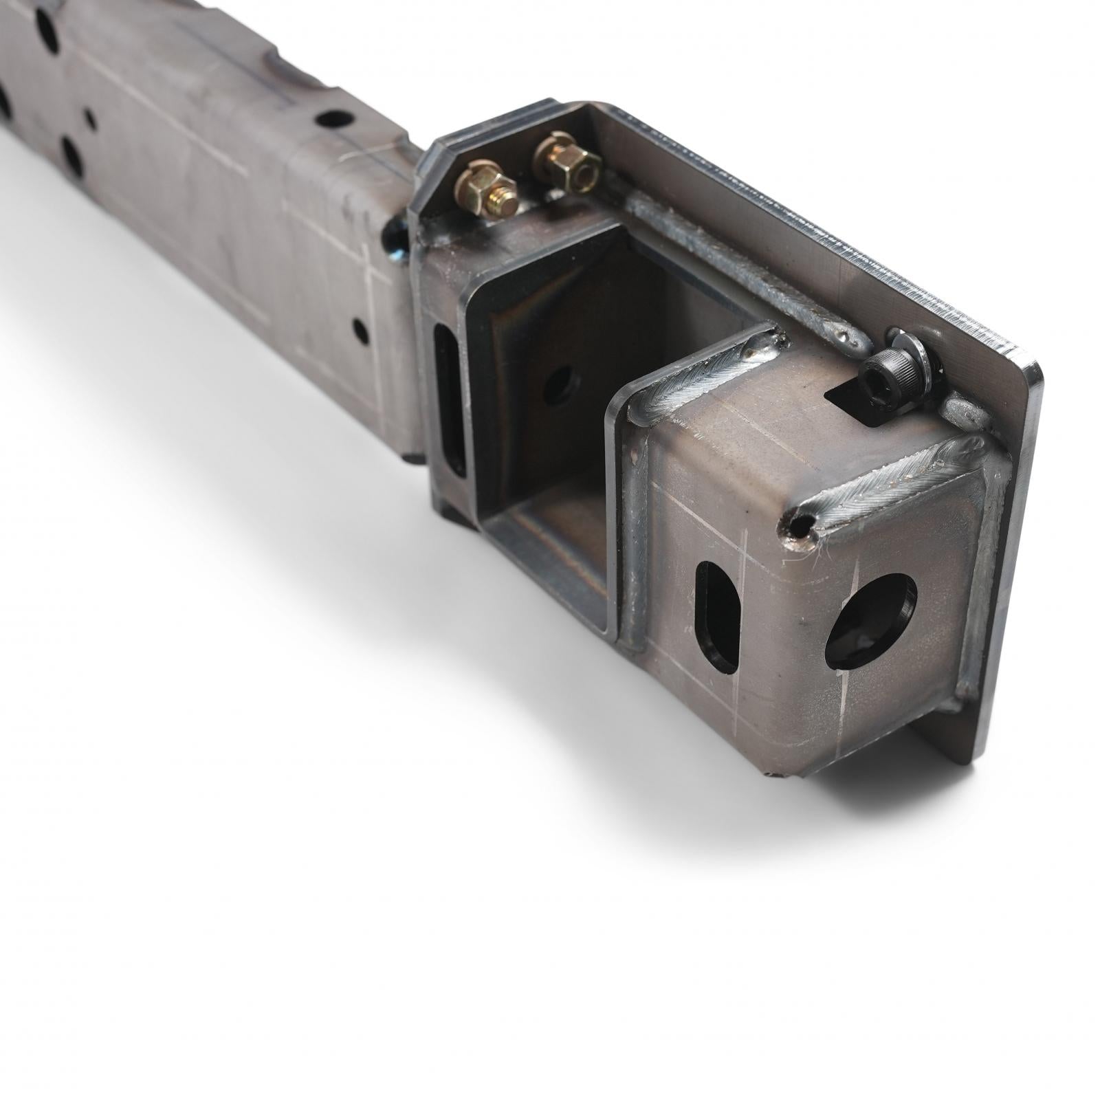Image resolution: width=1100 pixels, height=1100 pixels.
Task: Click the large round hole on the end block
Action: [869, 621]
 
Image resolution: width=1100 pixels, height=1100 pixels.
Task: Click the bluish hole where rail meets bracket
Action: [397, 237]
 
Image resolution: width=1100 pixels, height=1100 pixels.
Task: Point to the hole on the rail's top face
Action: [335, 119]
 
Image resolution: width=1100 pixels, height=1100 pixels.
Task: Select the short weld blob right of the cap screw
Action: [962, 411]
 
